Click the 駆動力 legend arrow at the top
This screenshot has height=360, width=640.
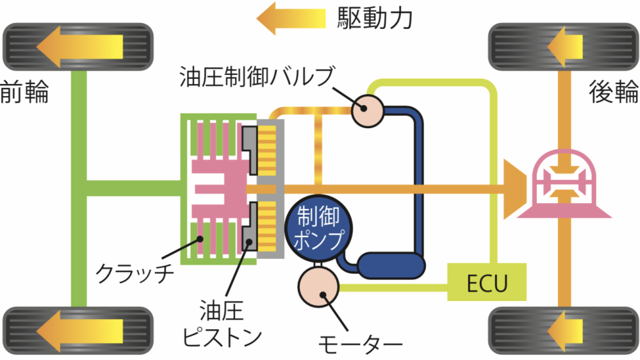tap(295, 18)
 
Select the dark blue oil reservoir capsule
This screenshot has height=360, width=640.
tap(391, 265)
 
